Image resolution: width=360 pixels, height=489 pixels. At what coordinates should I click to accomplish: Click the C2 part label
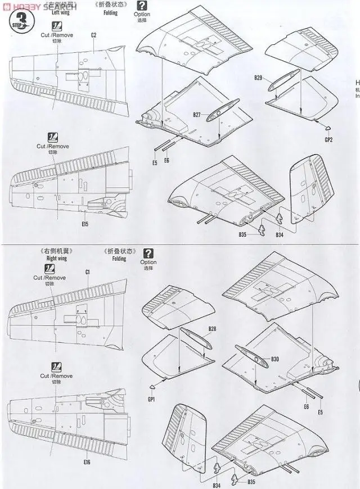(94, 35)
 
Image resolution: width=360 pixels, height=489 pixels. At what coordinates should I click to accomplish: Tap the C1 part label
(88, 272)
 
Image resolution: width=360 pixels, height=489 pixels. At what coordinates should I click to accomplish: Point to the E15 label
(85, 224)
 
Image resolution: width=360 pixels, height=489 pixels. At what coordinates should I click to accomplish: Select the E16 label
(86, 462)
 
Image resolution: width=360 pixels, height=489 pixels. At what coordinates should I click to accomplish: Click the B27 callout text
(196, 115)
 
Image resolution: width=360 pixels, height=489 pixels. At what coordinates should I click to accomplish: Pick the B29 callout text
(258, 76)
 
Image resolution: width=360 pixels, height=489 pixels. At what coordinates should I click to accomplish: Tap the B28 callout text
(213, 328)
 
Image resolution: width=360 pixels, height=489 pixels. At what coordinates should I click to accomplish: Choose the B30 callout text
(274, 359)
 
